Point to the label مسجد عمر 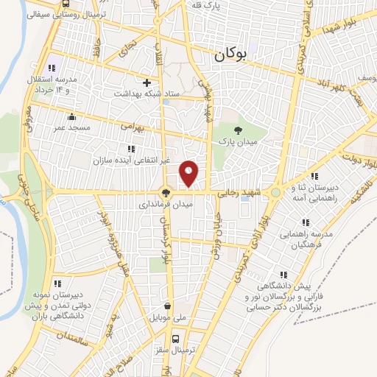click(71, 127)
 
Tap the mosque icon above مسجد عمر click(71, 116)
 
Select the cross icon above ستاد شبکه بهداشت click(147, 82)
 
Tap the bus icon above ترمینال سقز click(175, 339)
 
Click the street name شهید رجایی click(237, 192)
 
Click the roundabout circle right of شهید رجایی click(275, 192)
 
